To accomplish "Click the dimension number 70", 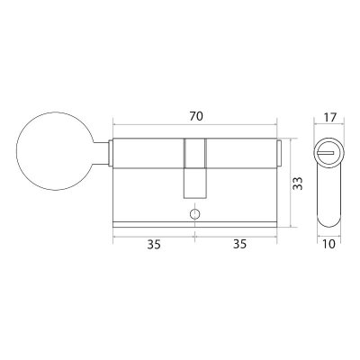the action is [196, 116].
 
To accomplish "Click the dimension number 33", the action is [298, 184].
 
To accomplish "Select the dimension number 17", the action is [330, 117].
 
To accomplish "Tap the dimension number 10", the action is [329, 244].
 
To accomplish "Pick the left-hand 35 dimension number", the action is [154, 245].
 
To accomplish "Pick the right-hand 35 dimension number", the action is [239, 245].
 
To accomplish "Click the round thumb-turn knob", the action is [54, 151].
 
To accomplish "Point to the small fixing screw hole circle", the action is [194, 214].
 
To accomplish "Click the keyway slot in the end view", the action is [325, 153].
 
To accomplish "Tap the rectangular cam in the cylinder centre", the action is [195, 168].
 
